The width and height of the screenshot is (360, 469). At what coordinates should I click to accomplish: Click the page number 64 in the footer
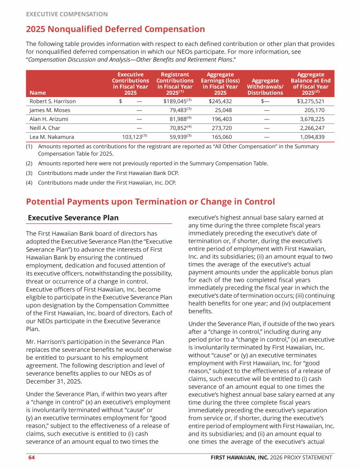30,457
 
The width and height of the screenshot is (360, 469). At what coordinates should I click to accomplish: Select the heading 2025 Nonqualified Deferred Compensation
115,29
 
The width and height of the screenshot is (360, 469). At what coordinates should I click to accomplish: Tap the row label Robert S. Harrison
52,101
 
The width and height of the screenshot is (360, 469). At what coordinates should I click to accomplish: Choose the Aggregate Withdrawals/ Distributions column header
265,87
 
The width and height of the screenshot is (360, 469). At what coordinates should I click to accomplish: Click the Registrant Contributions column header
175,83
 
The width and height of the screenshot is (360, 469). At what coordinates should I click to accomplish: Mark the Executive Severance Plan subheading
73,218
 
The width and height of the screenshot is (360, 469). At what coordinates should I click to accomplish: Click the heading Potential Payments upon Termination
150,202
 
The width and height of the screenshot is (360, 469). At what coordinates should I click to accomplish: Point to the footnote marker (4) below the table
30,182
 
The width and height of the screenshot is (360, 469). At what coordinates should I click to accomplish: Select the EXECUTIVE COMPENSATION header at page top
67,14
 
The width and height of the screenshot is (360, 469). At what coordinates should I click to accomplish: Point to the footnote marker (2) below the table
30,163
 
